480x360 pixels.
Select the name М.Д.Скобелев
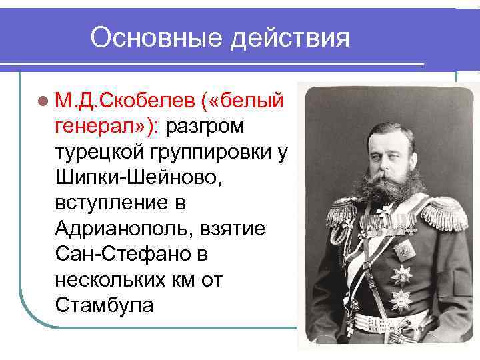coord(123,100)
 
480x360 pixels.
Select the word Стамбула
coord(105,305)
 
